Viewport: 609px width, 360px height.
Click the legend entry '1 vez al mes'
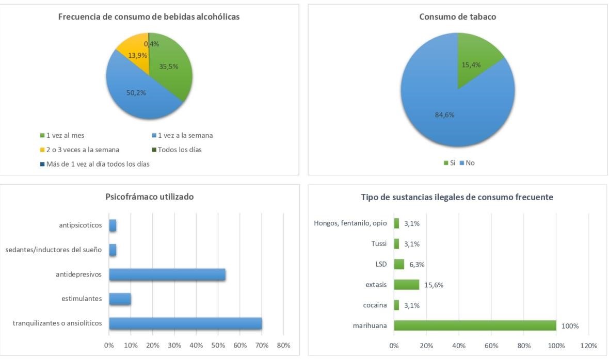pos(62,136)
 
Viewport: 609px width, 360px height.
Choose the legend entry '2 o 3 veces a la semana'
pos(79,150)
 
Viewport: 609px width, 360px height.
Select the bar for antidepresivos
pos(167,274)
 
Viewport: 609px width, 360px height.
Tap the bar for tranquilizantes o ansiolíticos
pos(185,323)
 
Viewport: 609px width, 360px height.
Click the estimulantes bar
pos(120,299)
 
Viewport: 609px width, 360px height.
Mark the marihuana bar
pos(475,325)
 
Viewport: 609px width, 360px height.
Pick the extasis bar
pos(407,285)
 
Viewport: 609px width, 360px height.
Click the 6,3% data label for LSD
pos(417,264)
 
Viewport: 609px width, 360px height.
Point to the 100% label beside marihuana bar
pos(570,326)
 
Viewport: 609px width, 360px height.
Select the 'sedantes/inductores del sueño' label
pos(54,250)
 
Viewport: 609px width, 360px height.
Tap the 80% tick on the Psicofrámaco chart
pos(283,345)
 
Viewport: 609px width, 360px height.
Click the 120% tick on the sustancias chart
pos(588,345)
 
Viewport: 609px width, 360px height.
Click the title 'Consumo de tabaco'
pos(458,17)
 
